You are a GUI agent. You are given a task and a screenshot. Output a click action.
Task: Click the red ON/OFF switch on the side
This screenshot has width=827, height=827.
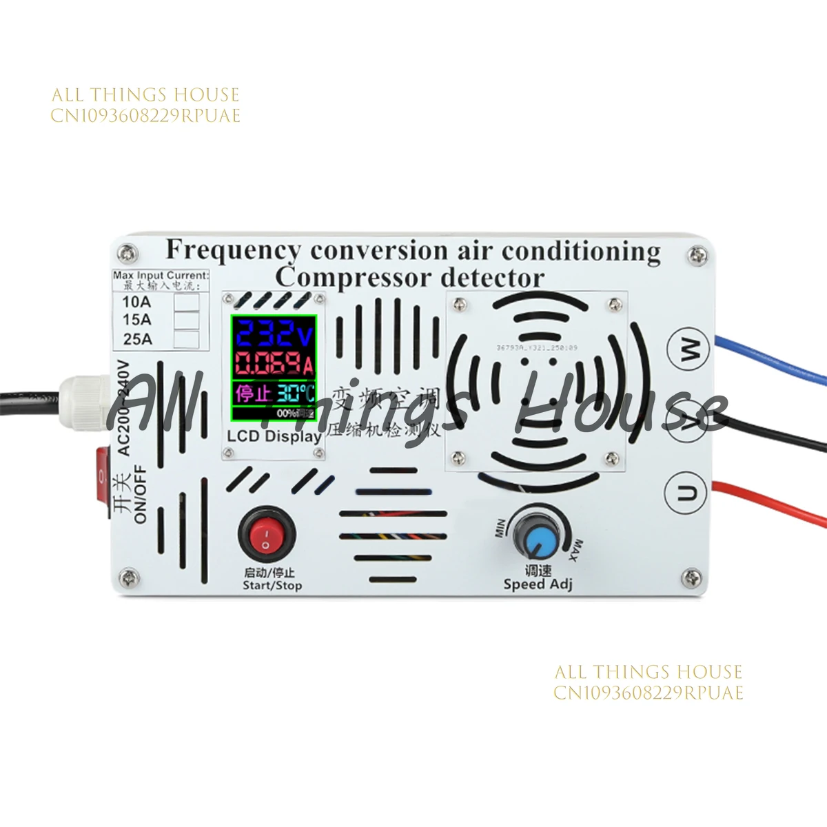point(103,482)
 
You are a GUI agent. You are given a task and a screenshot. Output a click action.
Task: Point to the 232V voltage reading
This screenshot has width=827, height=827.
point(273,336)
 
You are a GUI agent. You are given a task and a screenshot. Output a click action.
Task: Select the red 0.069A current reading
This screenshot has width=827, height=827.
point(274,363)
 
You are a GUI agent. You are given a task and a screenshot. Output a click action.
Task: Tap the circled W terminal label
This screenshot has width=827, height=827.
point(690,349)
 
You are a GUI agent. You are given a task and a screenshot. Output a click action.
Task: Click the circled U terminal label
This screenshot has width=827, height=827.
point(690,493)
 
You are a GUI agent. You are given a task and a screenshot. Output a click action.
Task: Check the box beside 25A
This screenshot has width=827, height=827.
point(186,339)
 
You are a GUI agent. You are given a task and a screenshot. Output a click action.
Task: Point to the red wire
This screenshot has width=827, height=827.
point(772,502)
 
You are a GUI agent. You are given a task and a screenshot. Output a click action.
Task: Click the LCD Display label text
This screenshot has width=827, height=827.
point(274,436)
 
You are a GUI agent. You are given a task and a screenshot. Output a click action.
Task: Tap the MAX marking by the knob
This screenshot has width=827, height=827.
point(575,550)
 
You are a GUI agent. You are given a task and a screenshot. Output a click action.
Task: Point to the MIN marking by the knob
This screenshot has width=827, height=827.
point(501,529)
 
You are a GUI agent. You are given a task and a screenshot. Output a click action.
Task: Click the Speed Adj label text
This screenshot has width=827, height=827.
point(538,585)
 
